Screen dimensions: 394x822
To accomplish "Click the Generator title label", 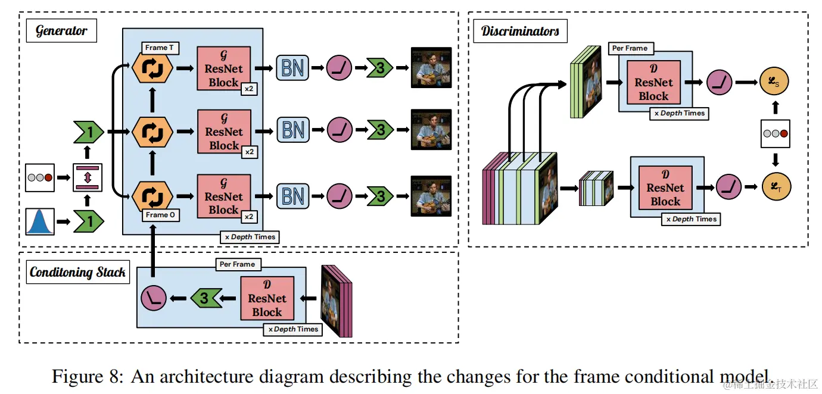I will pos(61,31).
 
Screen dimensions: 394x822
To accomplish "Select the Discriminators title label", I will pos(520,31).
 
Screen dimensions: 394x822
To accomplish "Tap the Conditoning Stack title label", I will pos(77,273).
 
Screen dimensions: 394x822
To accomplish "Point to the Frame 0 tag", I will pos(161,215).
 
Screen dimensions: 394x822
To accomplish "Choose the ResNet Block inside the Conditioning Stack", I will pos(267,298).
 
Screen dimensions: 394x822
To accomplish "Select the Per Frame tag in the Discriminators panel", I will pos(630,48).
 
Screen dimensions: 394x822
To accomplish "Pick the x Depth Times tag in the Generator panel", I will pos(250,237).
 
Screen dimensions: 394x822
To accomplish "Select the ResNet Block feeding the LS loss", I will pos(653,82).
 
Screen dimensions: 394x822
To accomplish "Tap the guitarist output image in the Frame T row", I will pos(431,68).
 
